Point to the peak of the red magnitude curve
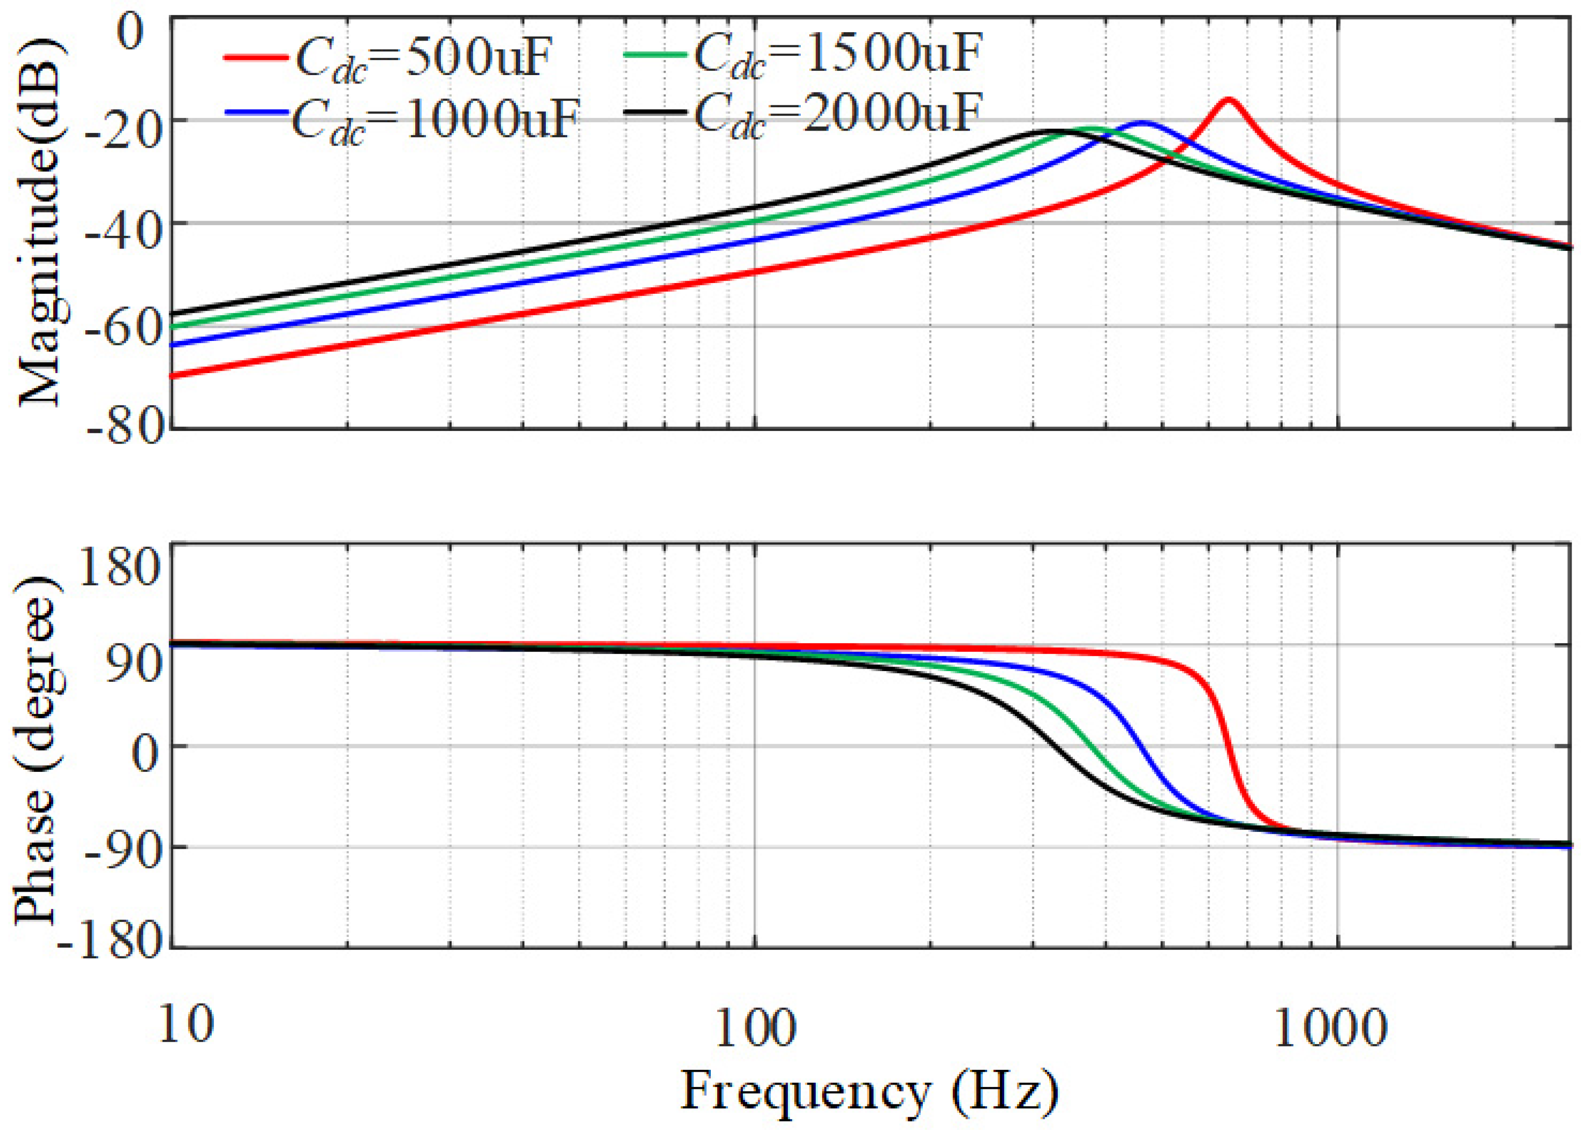tap(1228, 99)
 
